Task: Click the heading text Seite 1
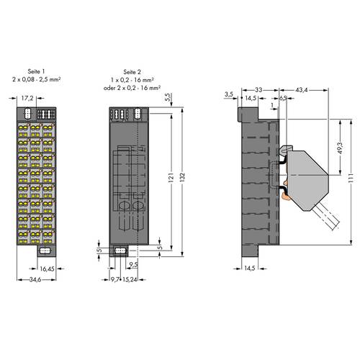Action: coord(36,71)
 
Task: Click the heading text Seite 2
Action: coord(132,72)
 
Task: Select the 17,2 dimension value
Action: coord(27,98)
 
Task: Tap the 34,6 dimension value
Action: coord(35,279)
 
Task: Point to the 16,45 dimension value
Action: coord(47,269)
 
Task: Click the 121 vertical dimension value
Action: coord(171,177)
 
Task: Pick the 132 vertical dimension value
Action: coord(182,177)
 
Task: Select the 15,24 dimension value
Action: coord(130,279)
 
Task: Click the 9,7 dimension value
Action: coord(115,279)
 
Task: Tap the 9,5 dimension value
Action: coord(134,264)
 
